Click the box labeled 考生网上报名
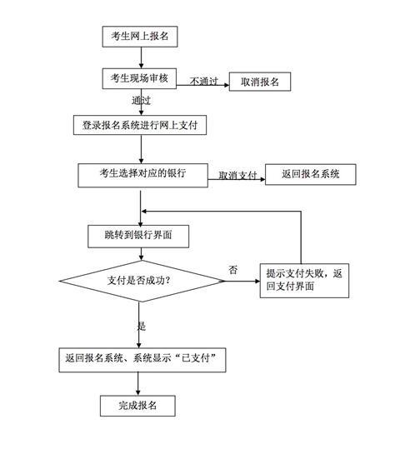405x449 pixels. [x=140, y=37]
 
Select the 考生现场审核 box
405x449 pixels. [x=139, y=78]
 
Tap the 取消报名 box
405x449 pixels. [x=260, y=82]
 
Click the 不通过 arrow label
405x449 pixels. [x=203, y=82]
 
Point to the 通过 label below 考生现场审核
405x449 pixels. [x=141, y=101]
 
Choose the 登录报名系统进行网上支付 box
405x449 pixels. [x=140, y=125]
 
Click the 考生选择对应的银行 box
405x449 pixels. [x=142, y=176]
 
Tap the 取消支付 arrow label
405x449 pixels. [x=237, y=175]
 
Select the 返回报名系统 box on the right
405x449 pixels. [x=311, y=174]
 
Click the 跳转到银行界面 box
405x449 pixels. [x=138, y=237]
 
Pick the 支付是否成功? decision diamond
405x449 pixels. [x=142, y=281]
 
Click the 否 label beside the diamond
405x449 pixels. [x=232, y=270]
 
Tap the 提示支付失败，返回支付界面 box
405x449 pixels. [x=304, y=281]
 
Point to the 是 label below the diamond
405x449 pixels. [x=141, y=326]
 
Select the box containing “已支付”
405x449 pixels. [x=142, y=360]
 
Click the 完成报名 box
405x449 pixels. [x=137, y=406]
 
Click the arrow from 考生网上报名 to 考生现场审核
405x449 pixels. [x=141, y=57]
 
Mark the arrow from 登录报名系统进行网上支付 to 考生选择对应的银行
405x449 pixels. [x=141, y=149]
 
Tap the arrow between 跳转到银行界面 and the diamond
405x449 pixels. [x=141, y=254]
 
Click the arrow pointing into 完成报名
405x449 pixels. [x=138, y=384]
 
